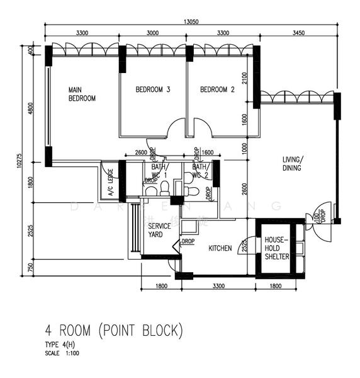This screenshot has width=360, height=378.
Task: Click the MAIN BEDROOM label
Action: [82, 94]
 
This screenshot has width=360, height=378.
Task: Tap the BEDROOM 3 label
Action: [153, 89]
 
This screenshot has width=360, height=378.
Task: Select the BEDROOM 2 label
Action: [217, 89]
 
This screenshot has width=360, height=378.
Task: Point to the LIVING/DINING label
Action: [292, 163]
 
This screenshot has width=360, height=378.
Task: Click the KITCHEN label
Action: [220, 248]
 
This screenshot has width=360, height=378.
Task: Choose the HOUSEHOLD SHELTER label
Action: [276, 248]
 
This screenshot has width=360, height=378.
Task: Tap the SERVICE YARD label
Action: [155, 230]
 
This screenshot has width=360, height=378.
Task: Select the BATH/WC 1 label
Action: [156, 171]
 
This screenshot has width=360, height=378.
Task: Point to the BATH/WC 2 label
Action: [200, 171]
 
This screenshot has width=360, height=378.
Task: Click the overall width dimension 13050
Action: [191, 21]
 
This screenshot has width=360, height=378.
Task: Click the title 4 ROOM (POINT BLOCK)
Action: [114, 329]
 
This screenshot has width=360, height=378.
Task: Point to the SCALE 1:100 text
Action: [62, 353]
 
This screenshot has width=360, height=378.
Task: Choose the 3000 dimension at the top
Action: [152, 32]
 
